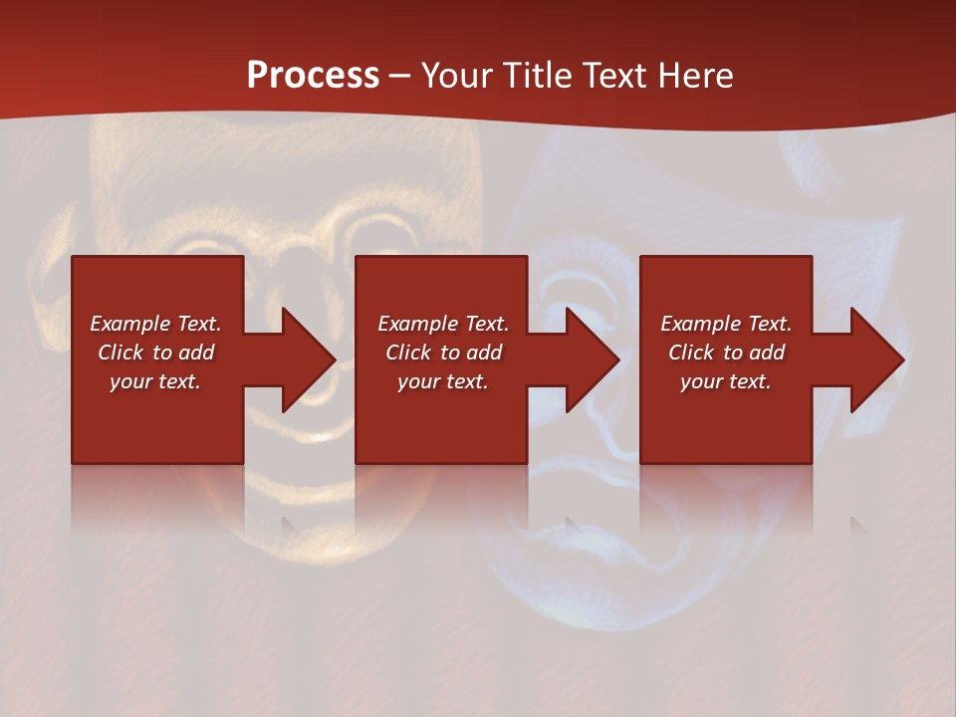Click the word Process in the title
pyautogui.click(x=313, y=75)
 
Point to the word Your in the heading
pyautogui.click(x=458, y=75)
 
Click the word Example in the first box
pyautogui.click(x=127, y=324)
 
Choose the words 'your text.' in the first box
pyautogui.click(x=155, y=381)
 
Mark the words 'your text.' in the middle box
pyautogui.click(x=442, y=381)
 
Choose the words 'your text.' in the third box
pyautogui.click(x=726, y=381)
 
